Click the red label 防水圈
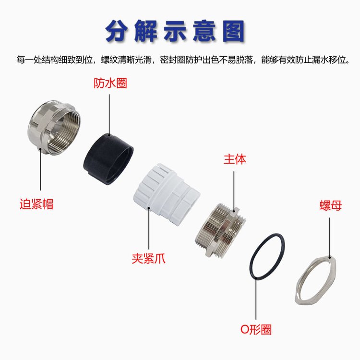(x=110, y=83)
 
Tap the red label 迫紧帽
(x=36, y=204)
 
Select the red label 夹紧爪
(x=148, y=258)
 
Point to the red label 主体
(x=235, y=159)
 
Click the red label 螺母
(x=331, y=205)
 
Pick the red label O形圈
(x=256, y=329)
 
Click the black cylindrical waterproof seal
(x=108, y=159)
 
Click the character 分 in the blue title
(x=117, y=31)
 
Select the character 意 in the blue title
(x=204, y=31)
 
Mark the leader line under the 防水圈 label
(x=109, y=115)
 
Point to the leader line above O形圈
(x=256, y=299)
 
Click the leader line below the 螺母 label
(x=330, y=238)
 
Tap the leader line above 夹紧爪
(x=149, y=228)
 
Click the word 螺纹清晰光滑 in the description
(x=126, y=60)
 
